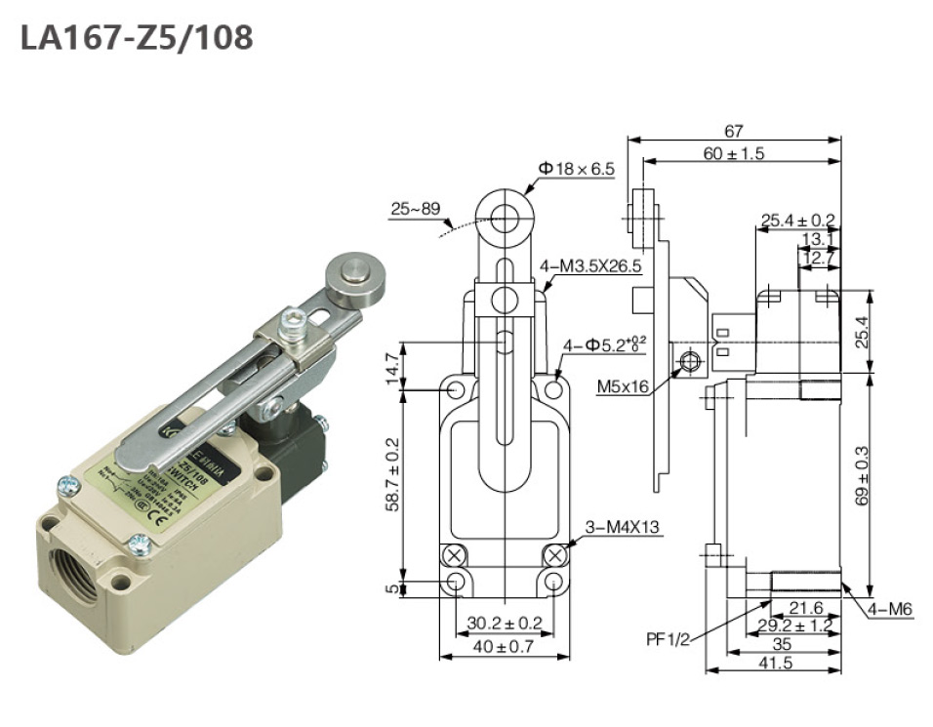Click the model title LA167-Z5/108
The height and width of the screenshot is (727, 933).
[x=137, y=37]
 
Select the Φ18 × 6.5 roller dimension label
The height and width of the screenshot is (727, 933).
[x=576, y=169]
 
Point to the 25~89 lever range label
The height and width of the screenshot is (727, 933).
[x=416, y=209]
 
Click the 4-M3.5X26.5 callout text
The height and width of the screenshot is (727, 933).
[x=590, y=265]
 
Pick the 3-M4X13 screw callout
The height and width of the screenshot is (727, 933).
[x=622, y=528]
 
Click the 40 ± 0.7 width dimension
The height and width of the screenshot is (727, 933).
[x=505, y=646]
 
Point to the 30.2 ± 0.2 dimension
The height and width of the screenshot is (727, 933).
[x=505, y=622]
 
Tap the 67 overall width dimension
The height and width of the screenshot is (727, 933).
[x=734, y=131]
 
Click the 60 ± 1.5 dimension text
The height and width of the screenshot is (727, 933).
[x=734, y=153]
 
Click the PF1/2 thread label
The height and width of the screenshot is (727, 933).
[x=668, y=639]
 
